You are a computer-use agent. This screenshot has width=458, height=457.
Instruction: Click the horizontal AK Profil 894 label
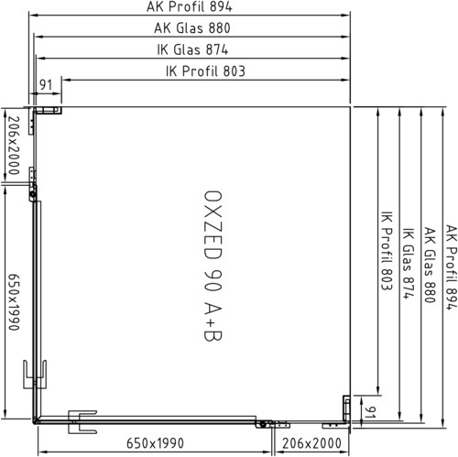190,6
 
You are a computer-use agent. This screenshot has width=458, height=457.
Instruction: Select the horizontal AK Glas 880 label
192,28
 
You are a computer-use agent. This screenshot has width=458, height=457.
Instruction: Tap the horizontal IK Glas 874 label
192,49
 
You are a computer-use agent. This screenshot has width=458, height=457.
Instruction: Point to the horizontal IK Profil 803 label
205,71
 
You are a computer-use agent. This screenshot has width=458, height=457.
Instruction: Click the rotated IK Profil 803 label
387,250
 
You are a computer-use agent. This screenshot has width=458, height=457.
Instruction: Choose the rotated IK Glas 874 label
409,263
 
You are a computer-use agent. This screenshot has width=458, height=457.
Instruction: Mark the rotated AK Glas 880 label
431,265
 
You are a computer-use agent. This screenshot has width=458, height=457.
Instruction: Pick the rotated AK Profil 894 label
452,267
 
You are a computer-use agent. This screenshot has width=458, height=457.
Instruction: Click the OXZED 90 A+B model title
213,266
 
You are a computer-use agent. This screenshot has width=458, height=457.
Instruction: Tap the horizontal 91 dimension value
46,85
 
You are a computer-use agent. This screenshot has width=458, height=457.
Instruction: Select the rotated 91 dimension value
370,412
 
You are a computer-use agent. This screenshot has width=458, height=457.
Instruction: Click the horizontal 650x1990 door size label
155,443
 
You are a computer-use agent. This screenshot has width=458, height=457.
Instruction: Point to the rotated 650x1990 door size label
14,301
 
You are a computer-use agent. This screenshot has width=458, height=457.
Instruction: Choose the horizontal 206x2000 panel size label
311,443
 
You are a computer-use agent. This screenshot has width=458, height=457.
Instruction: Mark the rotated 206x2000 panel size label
14,146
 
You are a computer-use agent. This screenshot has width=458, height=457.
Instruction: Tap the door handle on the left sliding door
35,375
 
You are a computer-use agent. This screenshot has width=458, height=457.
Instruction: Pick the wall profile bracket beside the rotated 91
346,408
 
